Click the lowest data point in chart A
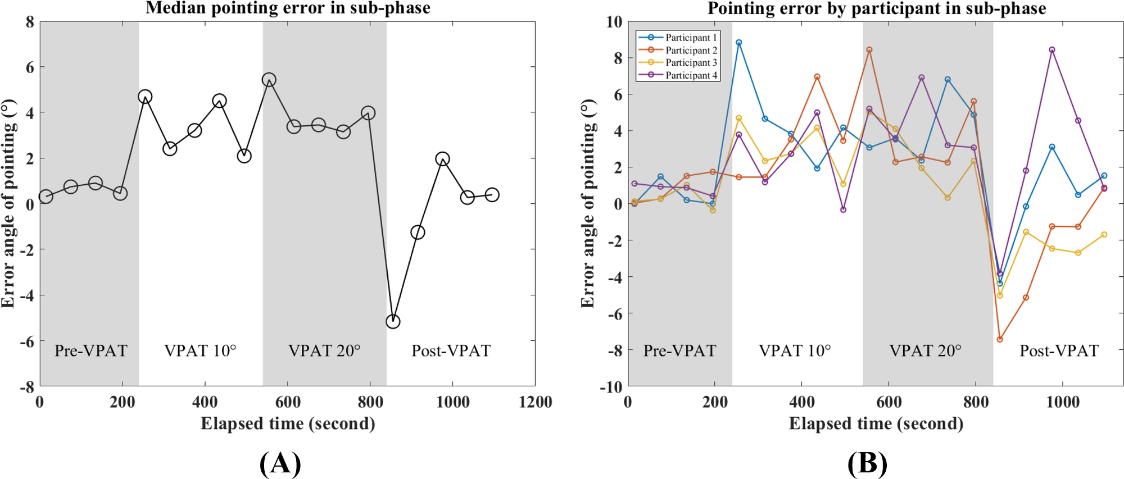point(393,322)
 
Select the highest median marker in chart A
point(269,80)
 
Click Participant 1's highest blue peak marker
point(738,43)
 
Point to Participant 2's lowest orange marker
point(999,340)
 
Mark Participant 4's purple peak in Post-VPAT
point(1052,50)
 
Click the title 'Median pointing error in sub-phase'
point(288,8)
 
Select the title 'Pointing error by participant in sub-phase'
point(876,8)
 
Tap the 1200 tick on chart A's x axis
point(535,402)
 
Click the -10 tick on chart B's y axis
point(614,387)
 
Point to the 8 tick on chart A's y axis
point(30,22)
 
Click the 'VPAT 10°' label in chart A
point(200,351)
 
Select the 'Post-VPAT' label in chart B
point(1059,351)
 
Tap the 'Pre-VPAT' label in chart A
point(90,351)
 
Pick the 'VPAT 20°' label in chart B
point(925,351)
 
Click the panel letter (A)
point(280,464)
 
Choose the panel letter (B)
point(867,464)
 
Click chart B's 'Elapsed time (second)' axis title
point(876,423)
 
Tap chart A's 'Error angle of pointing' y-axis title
point(9,203)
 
